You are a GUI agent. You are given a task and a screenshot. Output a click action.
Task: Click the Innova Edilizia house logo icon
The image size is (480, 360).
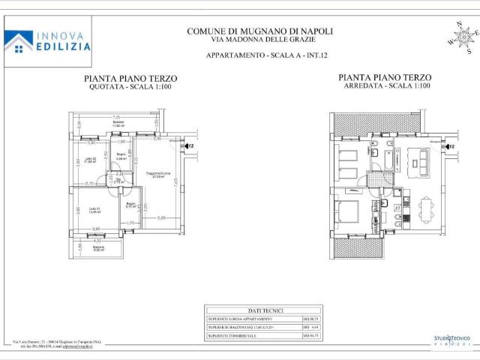[x=18, y=41]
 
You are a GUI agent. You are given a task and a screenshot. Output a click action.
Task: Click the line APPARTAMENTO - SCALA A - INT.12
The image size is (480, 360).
[x=259, y=56]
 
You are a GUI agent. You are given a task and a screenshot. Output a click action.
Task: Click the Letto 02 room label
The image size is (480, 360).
[x=88, y=160]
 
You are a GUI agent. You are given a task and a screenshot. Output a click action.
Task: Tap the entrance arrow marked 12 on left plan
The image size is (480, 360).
[x=189, y=146]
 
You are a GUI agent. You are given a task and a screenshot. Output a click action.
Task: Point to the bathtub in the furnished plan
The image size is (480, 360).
[x=376, y=158]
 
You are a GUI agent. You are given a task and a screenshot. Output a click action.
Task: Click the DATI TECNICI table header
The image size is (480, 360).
[x=264, y=310]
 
